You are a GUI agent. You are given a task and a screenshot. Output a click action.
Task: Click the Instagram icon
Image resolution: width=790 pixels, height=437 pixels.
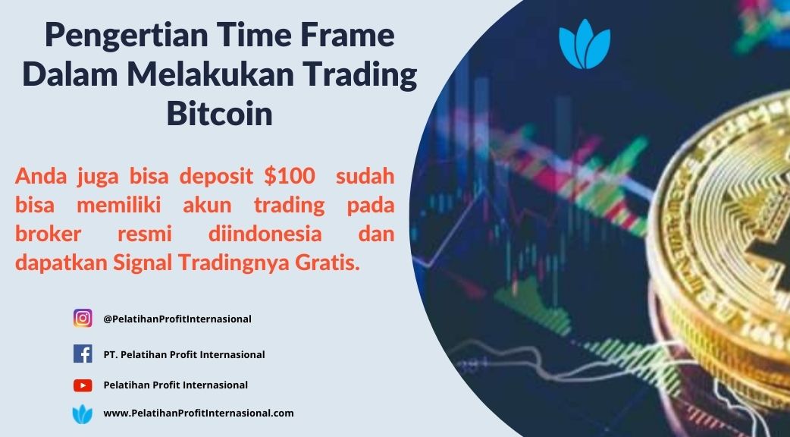83,319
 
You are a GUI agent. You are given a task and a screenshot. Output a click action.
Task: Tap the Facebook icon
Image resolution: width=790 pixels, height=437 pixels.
83,354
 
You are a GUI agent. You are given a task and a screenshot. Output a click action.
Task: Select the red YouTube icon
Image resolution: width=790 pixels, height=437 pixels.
83,385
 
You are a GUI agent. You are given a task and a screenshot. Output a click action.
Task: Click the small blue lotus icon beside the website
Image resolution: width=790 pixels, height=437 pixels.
83,413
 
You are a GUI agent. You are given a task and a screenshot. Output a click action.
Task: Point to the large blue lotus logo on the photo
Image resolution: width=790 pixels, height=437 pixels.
585,44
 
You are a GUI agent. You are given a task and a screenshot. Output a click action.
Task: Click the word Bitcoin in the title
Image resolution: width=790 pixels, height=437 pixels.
220,114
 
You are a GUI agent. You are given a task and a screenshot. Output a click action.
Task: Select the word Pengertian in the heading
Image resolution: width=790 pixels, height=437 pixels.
125,36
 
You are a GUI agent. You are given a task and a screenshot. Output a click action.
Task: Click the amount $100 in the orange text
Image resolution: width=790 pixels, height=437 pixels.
289,176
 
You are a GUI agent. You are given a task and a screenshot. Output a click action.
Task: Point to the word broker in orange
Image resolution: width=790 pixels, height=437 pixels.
48,234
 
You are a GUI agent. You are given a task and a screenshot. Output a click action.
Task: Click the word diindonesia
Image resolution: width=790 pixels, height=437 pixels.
265,234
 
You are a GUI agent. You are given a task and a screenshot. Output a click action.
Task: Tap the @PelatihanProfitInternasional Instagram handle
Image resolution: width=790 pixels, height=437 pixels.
177,319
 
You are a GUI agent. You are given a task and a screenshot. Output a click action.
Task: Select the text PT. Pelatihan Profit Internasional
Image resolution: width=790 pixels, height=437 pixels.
184,355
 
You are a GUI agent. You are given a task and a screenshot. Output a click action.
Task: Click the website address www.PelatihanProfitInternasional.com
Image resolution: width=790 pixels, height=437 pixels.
199,413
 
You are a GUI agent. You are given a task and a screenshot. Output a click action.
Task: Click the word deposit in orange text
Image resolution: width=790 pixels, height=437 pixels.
216,177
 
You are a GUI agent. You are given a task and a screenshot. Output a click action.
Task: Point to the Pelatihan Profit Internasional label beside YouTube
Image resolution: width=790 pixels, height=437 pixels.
175,385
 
